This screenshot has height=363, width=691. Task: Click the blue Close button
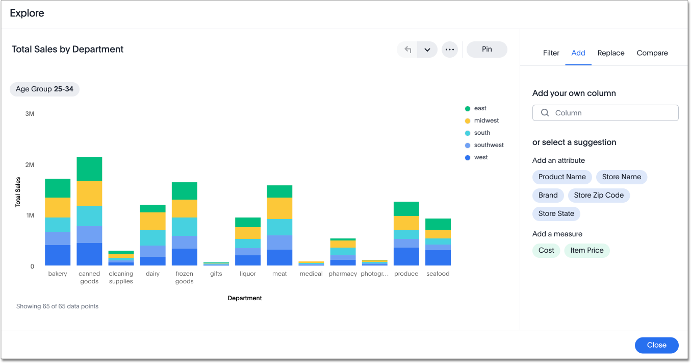pos(656,345)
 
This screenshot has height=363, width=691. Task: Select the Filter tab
pos(551,53)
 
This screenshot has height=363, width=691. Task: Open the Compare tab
pos(652,53)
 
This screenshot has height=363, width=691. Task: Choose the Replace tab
pos(611,53)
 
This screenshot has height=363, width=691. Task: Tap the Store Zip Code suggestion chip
pos(599,195)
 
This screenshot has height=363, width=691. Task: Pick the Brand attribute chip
pos(548,195)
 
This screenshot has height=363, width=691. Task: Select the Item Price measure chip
pos(586,250)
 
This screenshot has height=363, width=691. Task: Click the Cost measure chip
pos(546,250)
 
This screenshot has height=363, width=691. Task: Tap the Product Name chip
pos(562,177)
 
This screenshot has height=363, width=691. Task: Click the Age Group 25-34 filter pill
pos(44,89)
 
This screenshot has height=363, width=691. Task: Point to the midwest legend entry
pos(486,120)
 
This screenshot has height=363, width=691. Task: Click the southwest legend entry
pos(489,145)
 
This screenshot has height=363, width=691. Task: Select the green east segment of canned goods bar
pos(89,169)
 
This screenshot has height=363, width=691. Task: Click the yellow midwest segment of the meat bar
pos(279,208)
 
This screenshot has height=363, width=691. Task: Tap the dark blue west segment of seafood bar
pos(438,258)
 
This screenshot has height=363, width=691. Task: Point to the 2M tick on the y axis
pos(30,164)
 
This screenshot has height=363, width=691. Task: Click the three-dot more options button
pos(449,50)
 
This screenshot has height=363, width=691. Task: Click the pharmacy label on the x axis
pos(343,274)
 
